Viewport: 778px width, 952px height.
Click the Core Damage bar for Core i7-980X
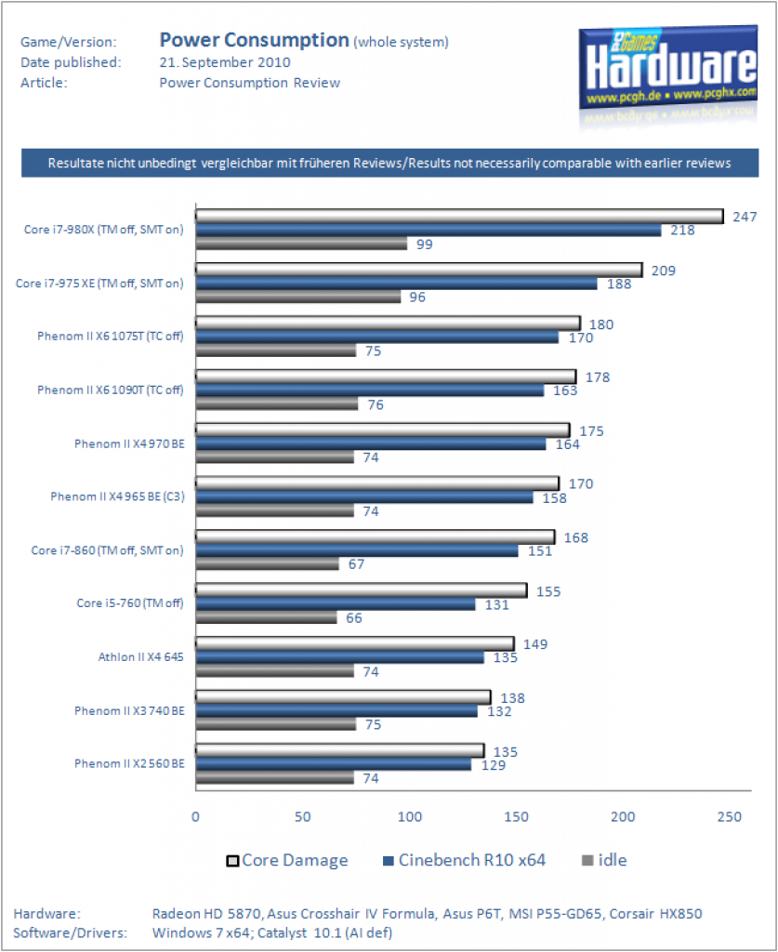tap(459, 216)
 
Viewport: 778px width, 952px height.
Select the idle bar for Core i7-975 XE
tap(298, 297)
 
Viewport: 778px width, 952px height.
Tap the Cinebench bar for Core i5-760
tap(336, 604)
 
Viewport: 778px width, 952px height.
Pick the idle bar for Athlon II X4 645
tap(274, 671)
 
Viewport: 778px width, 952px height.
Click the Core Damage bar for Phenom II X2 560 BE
tap(340, 750)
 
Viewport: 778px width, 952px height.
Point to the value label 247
tap(745, 217)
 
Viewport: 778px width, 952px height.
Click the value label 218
tap(682, 231)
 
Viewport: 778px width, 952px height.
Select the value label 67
tap(356, 564)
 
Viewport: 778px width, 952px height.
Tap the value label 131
tap(496, 604)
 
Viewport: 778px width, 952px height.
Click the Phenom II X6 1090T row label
tap(111, 390)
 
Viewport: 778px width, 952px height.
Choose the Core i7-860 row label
tap(108, 550)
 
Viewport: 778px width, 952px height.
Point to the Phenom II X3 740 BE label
tap(129, 710)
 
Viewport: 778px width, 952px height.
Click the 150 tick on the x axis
tap(516, 816)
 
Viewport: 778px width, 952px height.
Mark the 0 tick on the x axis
tap(195, 816)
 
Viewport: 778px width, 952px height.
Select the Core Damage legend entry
tap(287, 860)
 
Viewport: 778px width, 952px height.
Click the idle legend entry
tap(604, 860)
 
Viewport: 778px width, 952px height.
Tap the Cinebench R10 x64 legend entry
tap(464, 860)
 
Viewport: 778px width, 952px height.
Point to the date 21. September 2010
tap(225, 62)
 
